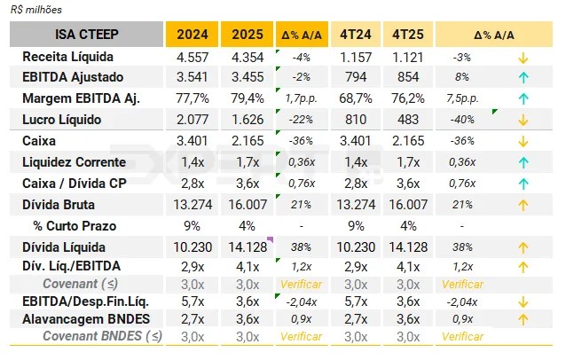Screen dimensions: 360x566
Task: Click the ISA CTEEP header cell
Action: [86, 34]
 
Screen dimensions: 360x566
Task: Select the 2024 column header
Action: [192, 34]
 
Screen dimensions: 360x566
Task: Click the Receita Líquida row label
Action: [63, 56]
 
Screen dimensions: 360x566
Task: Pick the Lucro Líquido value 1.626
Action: [248, 119]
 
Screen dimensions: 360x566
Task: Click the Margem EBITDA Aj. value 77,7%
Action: [192, 98]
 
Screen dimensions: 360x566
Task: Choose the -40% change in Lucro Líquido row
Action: [463, 119]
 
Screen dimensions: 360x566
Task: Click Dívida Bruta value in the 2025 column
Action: [248, 205]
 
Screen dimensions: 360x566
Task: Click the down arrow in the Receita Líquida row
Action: [523, 57]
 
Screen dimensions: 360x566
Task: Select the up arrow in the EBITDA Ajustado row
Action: [523, 77]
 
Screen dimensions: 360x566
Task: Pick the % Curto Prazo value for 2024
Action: [192, 226]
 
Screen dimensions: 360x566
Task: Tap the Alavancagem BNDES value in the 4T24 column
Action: [356, 318]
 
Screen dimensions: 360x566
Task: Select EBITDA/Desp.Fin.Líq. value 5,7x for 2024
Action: [192, 301]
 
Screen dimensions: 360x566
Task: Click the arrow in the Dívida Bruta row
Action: [523, 205]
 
